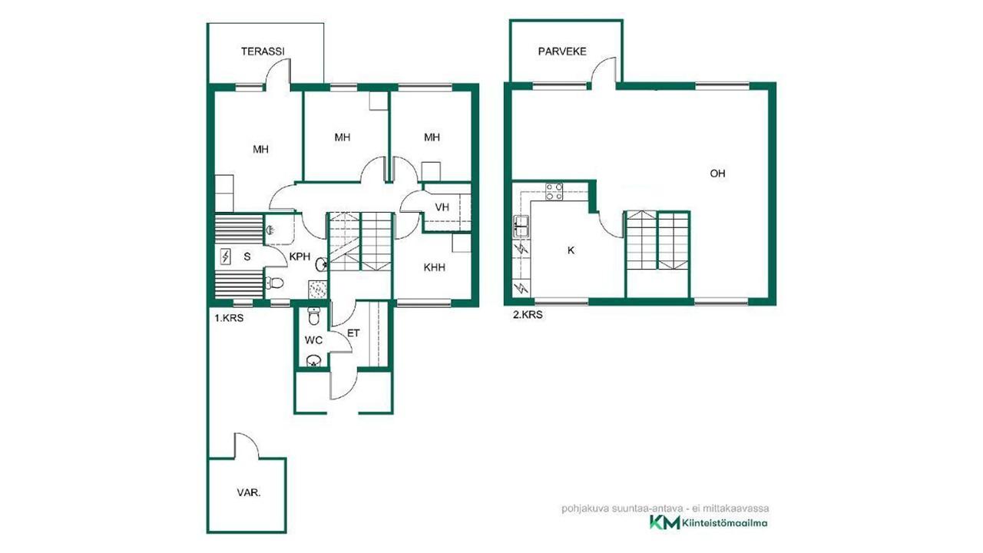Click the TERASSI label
pyautogui.click(x=263, y=51)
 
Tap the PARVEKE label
pyautogui.click(x=562, y=51)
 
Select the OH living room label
pyautogui.click(x=717, y=174)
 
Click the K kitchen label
pyautogui.click(x=571, y=250)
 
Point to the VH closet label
pyautogui.click(x=442, y=207)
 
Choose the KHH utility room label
pyautogui.click(x=435, y=267)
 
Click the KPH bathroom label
pyautogui.click(x=300, y=257)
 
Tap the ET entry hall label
pyautogui.click(x=353, y=333)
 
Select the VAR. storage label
pyautogui.click(x=249, y=493)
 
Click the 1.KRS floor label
pyautogui.click(x=229, y=318)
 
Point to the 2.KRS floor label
pyautogui.click(x=528, y=315)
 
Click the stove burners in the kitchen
pyautogui.click(x=554, y=192)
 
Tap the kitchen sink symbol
pyautogui.click(x=521, y=227)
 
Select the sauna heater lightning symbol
pyautogui.click(x=226, y=257)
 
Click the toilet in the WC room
pyautogui.click(x=314, y=316)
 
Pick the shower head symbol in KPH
pyautogui.click(x=270, y=230)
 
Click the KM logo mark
pyautogui.click(x=664, y=523)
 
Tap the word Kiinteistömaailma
pyautogui.click(x=725, y=523)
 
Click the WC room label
pyautogui.click(x=313, y=340)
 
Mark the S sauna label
pyautogui.click(x=247, y=257)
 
